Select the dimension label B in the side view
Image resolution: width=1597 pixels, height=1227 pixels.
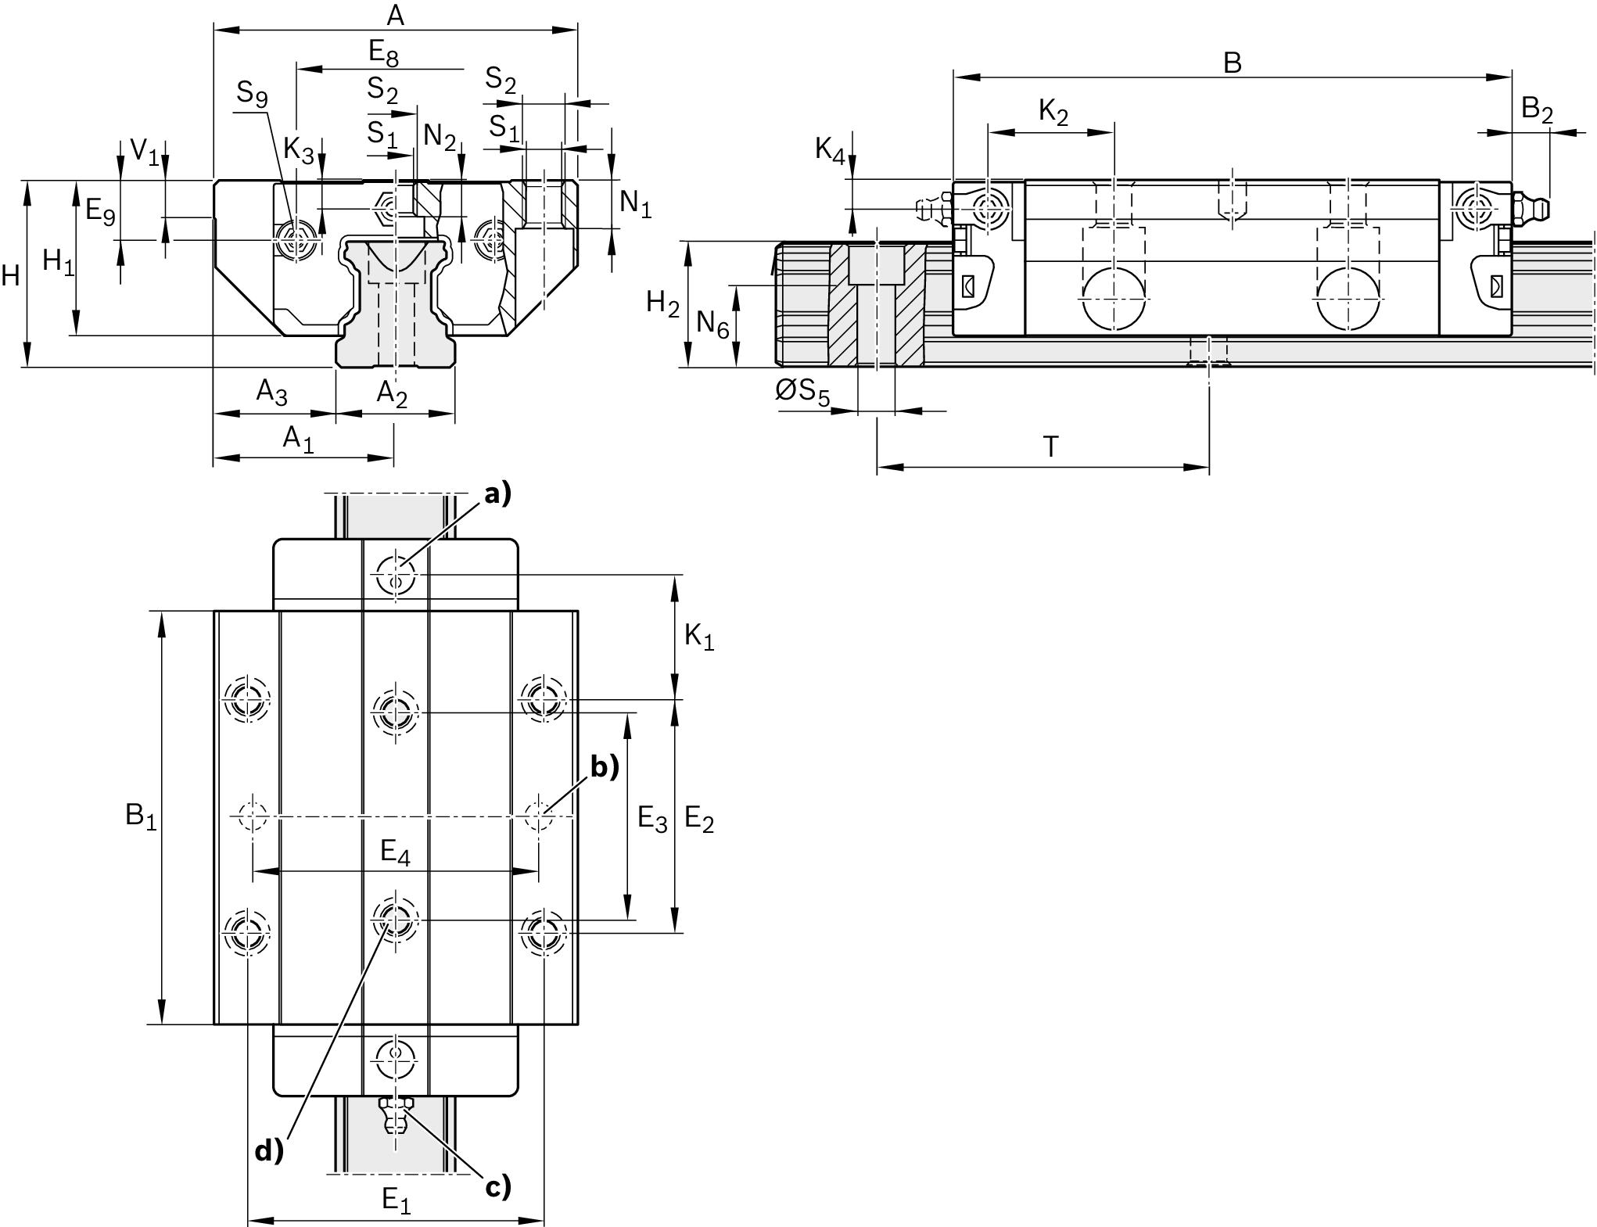point(1232,63)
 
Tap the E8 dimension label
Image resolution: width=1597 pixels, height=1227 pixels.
point(383,53)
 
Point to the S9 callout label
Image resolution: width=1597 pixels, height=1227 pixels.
point(252,95)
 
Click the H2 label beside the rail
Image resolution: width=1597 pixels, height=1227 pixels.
point(662,303)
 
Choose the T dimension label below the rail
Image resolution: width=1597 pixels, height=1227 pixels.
point(1050,447)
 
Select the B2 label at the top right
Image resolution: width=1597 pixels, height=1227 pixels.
point(1536,110)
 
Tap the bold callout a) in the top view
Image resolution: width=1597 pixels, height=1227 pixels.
point(497,493)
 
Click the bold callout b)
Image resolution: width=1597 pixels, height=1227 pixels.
point(604,767)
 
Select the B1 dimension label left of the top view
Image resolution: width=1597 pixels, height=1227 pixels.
point(142,816)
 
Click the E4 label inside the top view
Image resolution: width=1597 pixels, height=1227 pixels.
point(395,852)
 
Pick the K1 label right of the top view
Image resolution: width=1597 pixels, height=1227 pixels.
point(699,637)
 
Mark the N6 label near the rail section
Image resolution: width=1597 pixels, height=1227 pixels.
point(712,323)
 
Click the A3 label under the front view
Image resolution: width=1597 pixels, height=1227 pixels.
point(272,393)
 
